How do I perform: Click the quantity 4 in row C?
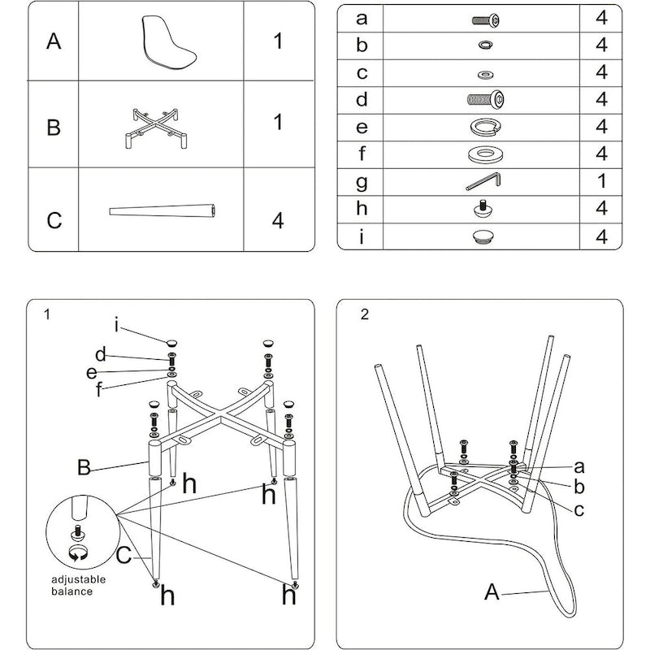[x=278, y=220]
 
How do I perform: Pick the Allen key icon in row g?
[x=484, y=181]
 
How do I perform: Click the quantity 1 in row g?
[x=601, y=181]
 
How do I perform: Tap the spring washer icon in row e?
[x=485, y=128]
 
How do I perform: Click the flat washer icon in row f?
[x=485, y=154]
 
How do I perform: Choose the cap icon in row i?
[x=485, y=236]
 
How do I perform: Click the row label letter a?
[x=362, y=18]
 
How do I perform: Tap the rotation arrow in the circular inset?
[x=79, y=555]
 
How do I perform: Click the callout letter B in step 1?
[x=83, y=467]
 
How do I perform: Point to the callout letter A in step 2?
[x=490, y=591]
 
